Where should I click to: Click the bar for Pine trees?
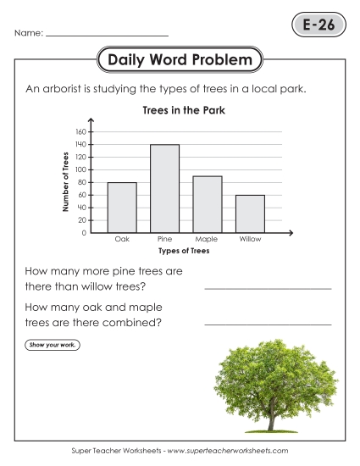coord(165,188)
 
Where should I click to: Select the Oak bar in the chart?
coord(122,207)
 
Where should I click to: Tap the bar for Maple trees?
coord(208,203)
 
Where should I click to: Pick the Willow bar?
coord(250,214)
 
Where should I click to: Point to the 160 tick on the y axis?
coord(81,132)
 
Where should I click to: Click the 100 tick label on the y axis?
coord(81,169)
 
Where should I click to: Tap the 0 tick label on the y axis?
coord(85,233)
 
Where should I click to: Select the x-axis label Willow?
coord(250,240)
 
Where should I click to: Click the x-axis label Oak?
coord(122,240)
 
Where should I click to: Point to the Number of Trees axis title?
coord(65,182)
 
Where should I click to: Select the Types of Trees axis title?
coord(183,252)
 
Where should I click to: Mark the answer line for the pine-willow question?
coord(268,288)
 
